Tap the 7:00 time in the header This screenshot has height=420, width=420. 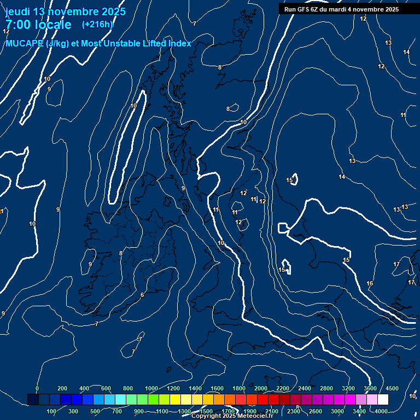pyautogui.click(x=16, y=25)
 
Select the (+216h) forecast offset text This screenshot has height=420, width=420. pyautogui.click(x=97, y=25)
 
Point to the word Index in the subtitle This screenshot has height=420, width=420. pyautogui.click(x=178, y=44)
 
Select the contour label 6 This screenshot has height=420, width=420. pyautogui.click(x=142, y=295)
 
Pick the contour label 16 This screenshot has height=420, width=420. pyautogui.click(x=370, y=283)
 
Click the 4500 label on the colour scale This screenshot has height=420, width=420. pyautogui.click(x=392, y=388)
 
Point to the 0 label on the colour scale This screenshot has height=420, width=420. pyautogui.click(x=37, y=388)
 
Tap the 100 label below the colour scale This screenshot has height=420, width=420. pyautogui.click(x=51, y=411)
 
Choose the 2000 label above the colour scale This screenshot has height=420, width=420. pyautogui.click(x=261, y=388)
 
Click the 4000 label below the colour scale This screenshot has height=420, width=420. pyautogui.click(x=381, y=411)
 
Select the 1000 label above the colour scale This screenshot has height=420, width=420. pyautogui.click(x=151, y=388)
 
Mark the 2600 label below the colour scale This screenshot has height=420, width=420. pyautogui.click(x=316, y=411)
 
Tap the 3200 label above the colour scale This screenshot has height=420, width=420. pyautogui.click(x=348, y=388)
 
